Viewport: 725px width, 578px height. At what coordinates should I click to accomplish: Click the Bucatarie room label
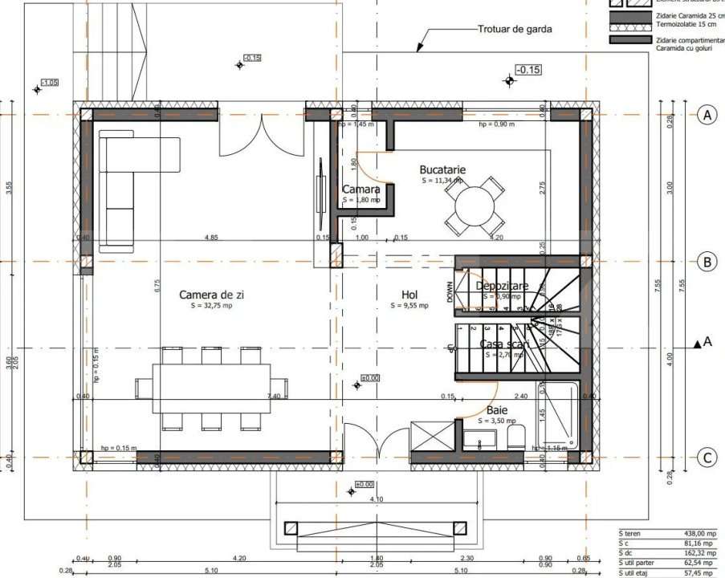[442, 169]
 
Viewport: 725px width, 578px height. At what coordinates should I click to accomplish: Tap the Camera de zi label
[211, 295]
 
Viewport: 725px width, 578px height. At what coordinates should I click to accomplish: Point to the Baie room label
[497, 409]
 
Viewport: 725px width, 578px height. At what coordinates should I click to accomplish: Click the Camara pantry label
[360, 189]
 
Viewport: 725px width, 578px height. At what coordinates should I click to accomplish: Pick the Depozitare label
[502, 287]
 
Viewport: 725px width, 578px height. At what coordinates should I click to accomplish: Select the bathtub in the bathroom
[558, 417]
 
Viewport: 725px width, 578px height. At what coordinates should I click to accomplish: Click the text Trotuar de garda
[515, 30]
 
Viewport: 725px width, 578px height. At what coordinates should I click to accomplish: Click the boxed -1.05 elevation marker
[49, 83]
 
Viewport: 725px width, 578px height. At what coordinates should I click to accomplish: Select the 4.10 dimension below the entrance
[377, 499]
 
